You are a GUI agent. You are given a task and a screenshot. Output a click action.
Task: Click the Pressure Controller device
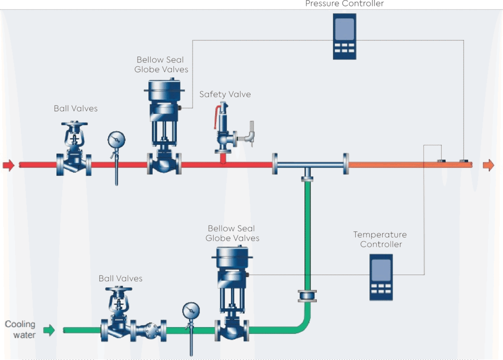pyautogui.click(x=344, y=36)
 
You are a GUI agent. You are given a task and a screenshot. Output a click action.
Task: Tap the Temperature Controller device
pyautogui.click(x=381, y=277)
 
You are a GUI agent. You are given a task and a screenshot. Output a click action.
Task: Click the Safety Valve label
pyautogui.click(x=225, y=94)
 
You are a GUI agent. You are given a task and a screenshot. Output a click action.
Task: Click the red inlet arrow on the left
pyautogui.click(x=9, y=165)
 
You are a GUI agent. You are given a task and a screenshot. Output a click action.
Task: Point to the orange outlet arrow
pyautogui.click(x=488, y=165)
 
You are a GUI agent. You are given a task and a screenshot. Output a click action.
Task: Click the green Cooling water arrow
pyautogui.click(x=49, y=330)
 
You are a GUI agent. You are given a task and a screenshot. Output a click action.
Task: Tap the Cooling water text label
pyautogui.click(x=20, y=330)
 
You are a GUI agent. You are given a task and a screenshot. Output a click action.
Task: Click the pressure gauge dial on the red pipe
pyautogui.click(x=116, y=139)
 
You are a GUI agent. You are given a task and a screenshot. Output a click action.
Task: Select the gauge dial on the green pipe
pyautogui.click(x=191, y=311)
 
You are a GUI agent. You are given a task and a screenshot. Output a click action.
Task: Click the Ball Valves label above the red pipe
pyautogui.click(x=76, y=109)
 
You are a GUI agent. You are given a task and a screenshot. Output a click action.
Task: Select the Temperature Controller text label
pyautogui.click(x=381, y=240)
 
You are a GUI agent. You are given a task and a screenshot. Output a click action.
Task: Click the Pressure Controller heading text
pyautogui.click(x=344, y=4)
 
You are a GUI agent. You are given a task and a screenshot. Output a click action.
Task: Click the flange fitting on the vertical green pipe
pyautogui.click(x=307, y=296)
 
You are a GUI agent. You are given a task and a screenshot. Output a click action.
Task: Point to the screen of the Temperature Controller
pyautogui.click(x=381, y=270)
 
